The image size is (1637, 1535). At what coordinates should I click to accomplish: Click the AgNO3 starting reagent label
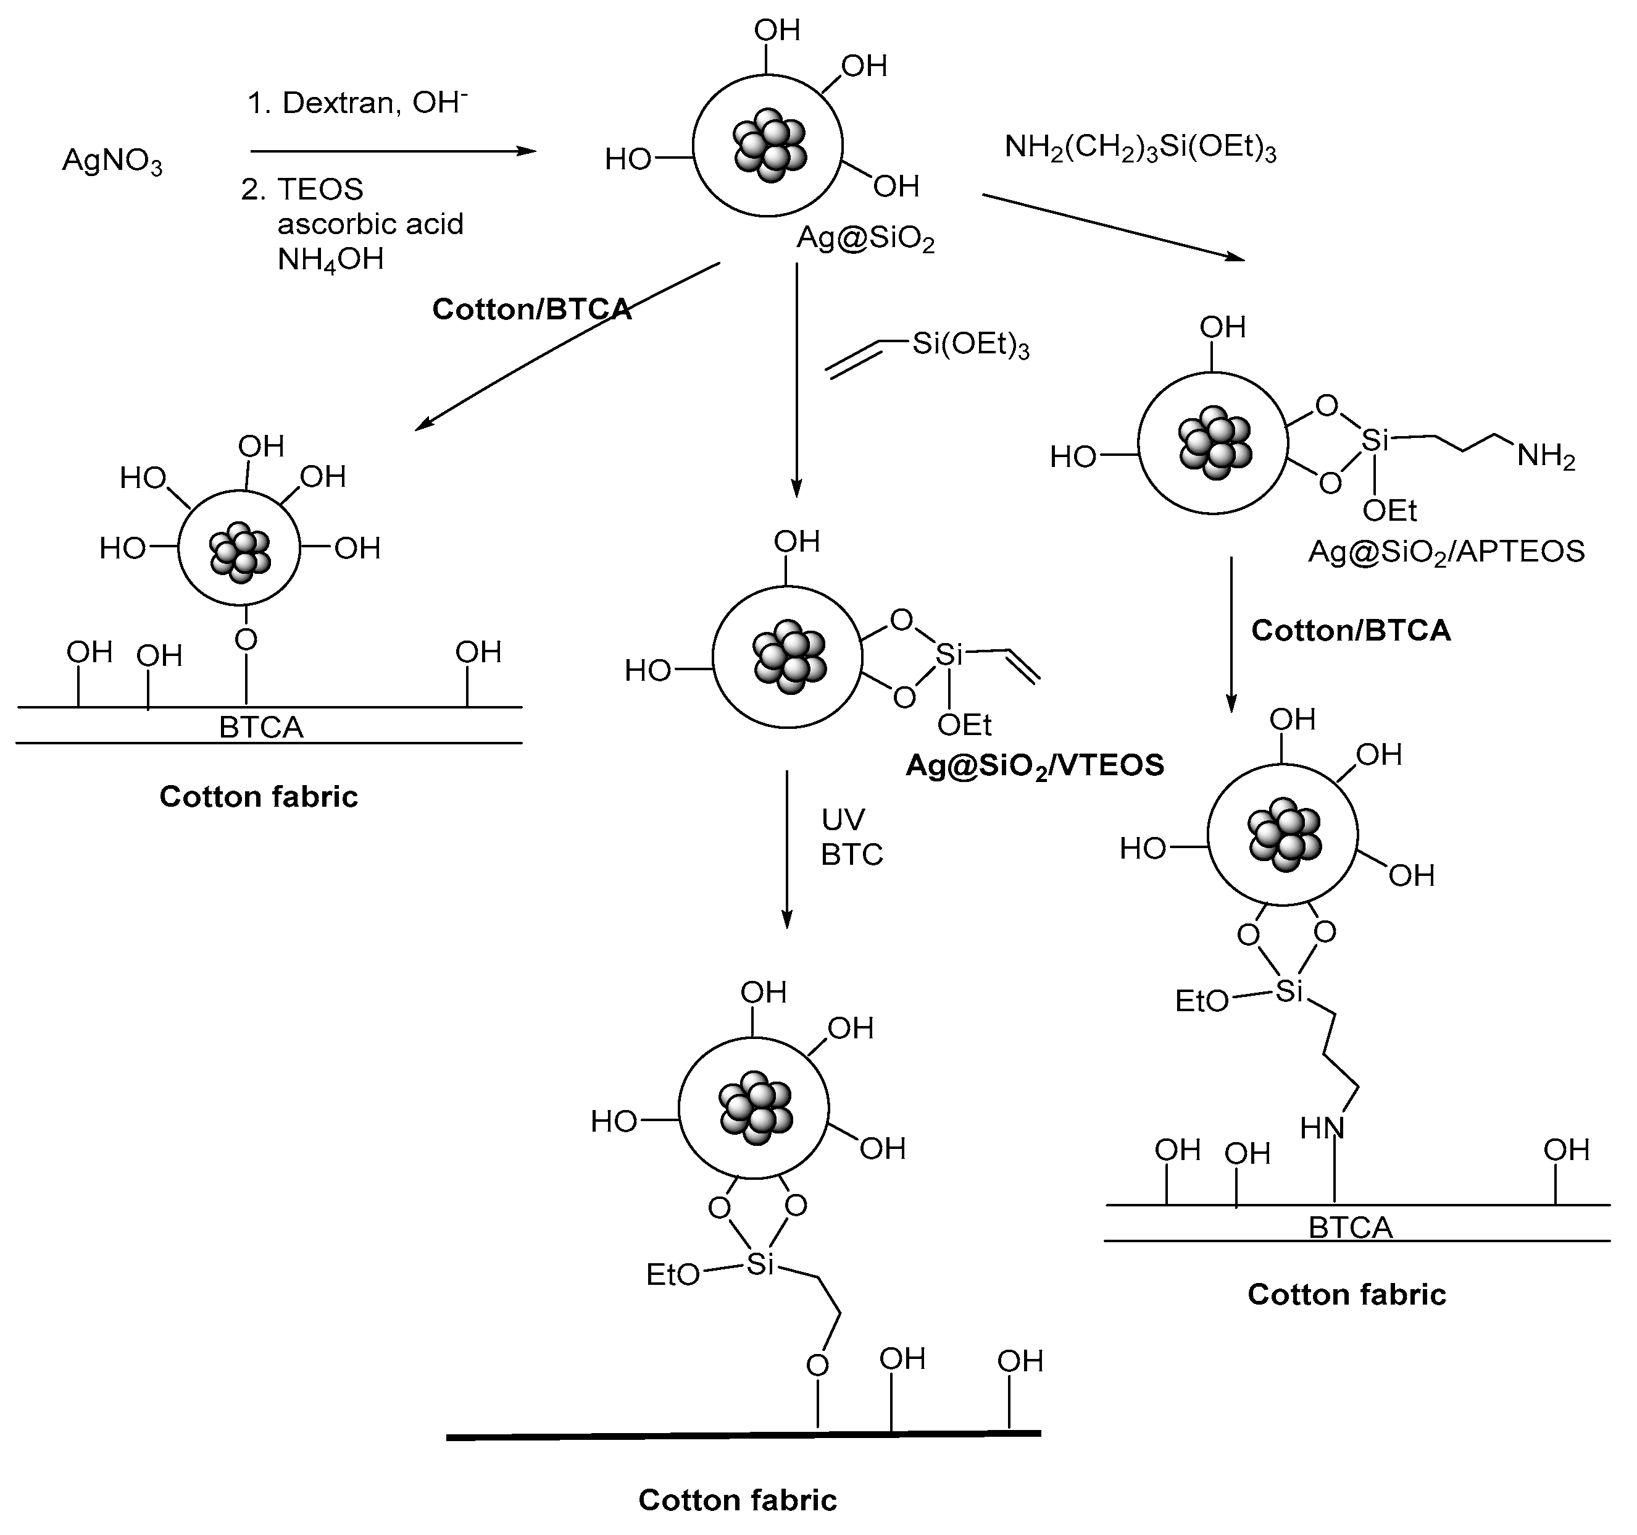click(x=112, y=161)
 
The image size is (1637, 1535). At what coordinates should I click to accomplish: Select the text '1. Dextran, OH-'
click(x=357, y=103)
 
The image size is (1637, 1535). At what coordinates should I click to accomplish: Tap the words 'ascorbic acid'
click(x=370, y=224)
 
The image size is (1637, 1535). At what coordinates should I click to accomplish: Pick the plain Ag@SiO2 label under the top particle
click(x=865, y=240)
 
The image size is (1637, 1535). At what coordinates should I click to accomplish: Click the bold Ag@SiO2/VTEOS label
click(x=1035, y=766)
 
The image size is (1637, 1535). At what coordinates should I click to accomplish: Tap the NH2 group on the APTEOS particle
click(x=1546, y=456)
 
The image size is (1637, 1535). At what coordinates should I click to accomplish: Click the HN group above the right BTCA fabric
click(x=1322, y=1128)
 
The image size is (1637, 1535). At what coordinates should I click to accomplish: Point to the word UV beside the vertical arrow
click(x=843, y=820)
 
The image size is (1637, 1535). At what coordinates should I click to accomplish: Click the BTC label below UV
click(x=851, y=856)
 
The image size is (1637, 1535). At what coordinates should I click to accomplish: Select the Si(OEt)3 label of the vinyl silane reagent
click(x=970, y=345)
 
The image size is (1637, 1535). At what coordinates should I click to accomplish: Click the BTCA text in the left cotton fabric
click(x=261, y=728)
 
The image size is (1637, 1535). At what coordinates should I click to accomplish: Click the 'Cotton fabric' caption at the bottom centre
click(x=737, y=1500)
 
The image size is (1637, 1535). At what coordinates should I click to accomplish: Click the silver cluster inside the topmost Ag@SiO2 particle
click(x=770, y=146)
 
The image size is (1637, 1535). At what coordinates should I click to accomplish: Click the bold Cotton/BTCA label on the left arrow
click(x=531, y=309)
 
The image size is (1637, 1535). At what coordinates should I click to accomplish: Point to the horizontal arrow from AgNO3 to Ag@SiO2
click(x=393, y=151)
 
